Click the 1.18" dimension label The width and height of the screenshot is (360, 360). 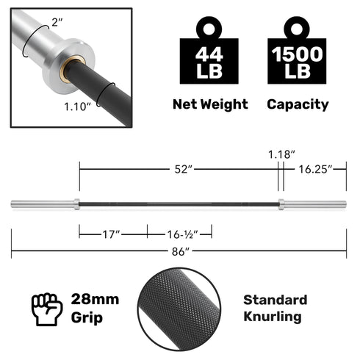pos(281,154)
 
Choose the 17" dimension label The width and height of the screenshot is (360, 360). pos(112,234)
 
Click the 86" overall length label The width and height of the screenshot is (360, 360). pos(179,251)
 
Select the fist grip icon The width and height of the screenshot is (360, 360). pos(46,309)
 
